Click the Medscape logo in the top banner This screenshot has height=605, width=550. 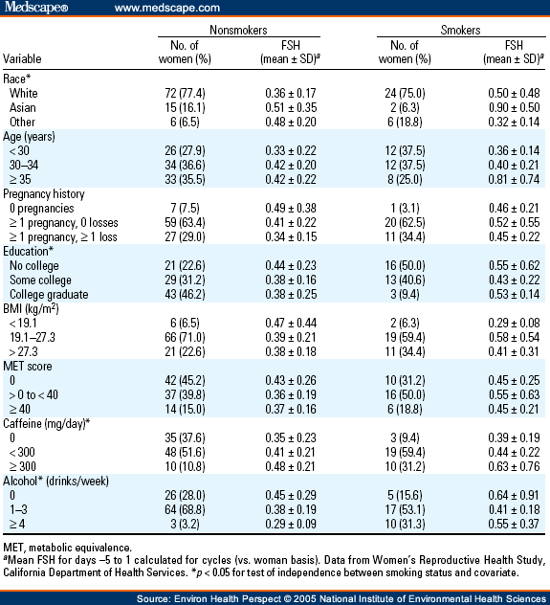pos(36,8)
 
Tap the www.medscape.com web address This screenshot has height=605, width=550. pos(167,8)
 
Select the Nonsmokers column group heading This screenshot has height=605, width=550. pos(238,30)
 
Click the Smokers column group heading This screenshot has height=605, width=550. pos(461,30)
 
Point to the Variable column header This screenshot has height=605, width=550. pos(22,59)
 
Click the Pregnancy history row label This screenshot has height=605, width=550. pos(44,194)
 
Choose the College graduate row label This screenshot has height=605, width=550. pos(49,295)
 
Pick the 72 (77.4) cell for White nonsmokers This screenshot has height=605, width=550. pos(185,94)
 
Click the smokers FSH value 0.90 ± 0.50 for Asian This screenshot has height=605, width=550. pos(514,107)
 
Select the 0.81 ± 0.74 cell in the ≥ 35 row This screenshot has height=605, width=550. pos(514,179)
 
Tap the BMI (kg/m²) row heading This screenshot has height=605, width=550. pos(31,308)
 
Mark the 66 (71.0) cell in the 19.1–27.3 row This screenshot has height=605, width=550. pos(185,338)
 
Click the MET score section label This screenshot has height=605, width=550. pos(28,367)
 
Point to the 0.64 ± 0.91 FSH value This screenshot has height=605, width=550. pos(514,496)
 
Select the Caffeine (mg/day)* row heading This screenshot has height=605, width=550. pos(47,424)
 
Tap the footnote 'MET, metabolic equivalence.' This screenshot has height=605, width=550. pos(68,548)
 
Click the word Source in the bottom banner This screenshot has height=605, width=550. pos(153,599)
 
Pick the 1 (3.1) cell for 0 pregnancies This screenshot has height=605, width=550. pos(405,209)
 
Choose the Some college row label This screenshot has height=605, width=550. pos(40,280)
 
